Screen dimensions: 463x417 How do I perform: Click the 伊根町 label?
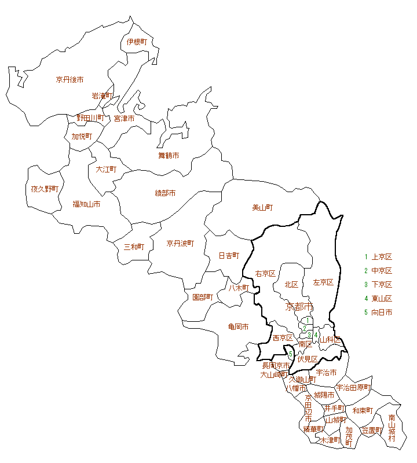click(x=137, y=42)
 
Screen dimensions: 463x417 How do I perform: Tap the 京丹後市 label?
click(x=69, y=79)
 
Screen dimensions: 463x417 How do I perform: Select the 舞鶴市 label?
click(x=169, y=155)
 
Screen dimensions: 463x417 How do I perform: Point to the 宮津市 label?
click(x=124, y=118)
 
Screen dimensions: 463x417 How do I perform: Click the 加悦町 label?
click(x=82, y=136)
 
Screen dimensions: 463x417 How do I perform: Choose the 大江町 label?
click(x=106, y=169)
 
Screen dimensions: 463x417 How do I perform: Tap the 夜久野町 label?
click(x=45, y=189)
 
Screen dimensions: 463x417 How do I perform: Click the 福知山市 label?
click(x=86, y=204)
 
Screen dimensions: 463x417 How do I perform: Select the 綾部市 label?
click(x=165, y=193)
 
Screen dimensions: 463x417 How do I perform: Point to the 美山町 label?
click(x=262, y=207)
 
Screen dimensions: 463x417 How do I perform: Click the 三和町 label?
click(x=134, y=247)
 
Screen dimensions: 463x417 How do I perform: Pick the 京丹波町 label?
click(x=180, y=243)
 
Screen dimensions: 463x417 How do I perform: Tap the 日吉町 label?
click(x=229, y=255)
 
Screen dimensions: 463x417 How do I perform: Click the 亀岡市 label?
click(x=238, y=327)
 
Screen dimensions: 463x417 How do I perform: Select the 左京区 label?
click(x=323, y=282)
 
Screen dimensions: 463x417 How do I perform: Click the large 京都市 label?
click(x=299, y=306)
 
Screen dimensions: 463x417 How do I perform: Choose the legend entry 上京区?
click(x=382, y=257)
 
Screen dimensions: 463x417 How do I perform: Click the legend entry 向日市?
click(x=382, y=313)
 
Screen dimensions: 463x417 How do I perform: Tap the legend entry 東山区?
click(x=382, y=299)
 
